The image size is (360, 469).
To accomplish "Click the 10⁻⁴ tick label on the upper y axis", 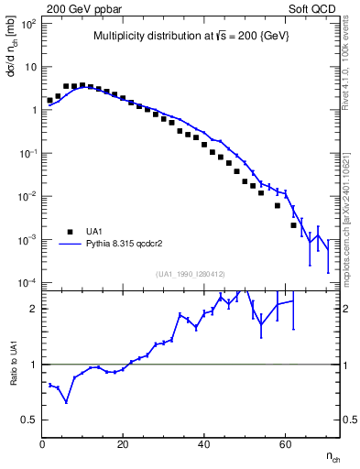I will tap(28, 282).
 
